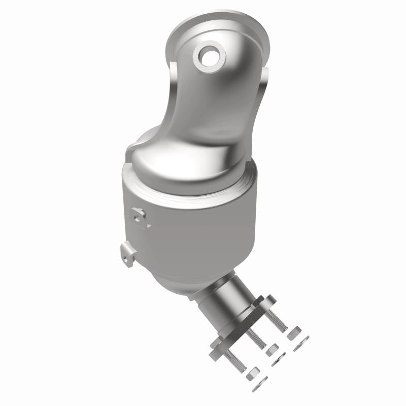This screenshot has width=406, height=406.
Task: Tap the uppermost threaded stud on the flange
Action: (x=278, y=318)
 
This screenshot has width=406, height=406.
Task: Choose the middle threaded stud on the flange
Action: (x=257, y=338)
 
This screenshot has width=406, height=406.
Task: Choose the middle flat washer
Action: (x=279, y=361)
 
